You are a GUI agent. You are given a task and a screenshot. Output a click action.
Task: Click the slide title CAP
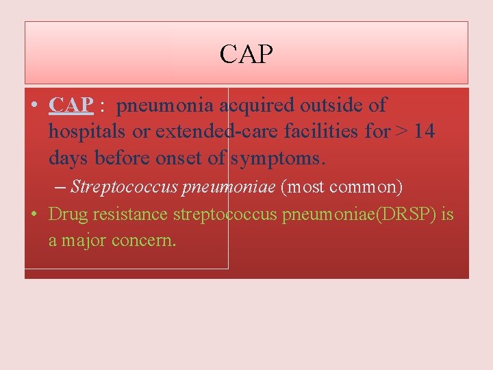click(246, 55)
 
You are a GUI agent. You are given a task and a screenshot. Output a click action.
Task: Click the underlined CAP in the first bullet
click(71, 106)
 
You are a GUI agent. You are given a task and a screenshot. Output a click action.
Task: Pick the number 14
click(424, 131)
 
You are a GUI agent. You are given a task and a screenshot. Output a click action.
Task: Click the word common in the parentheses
click(365, 186)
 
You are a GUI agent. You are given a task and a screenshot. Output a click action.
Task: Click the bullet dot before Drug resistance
click(34, 214)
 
